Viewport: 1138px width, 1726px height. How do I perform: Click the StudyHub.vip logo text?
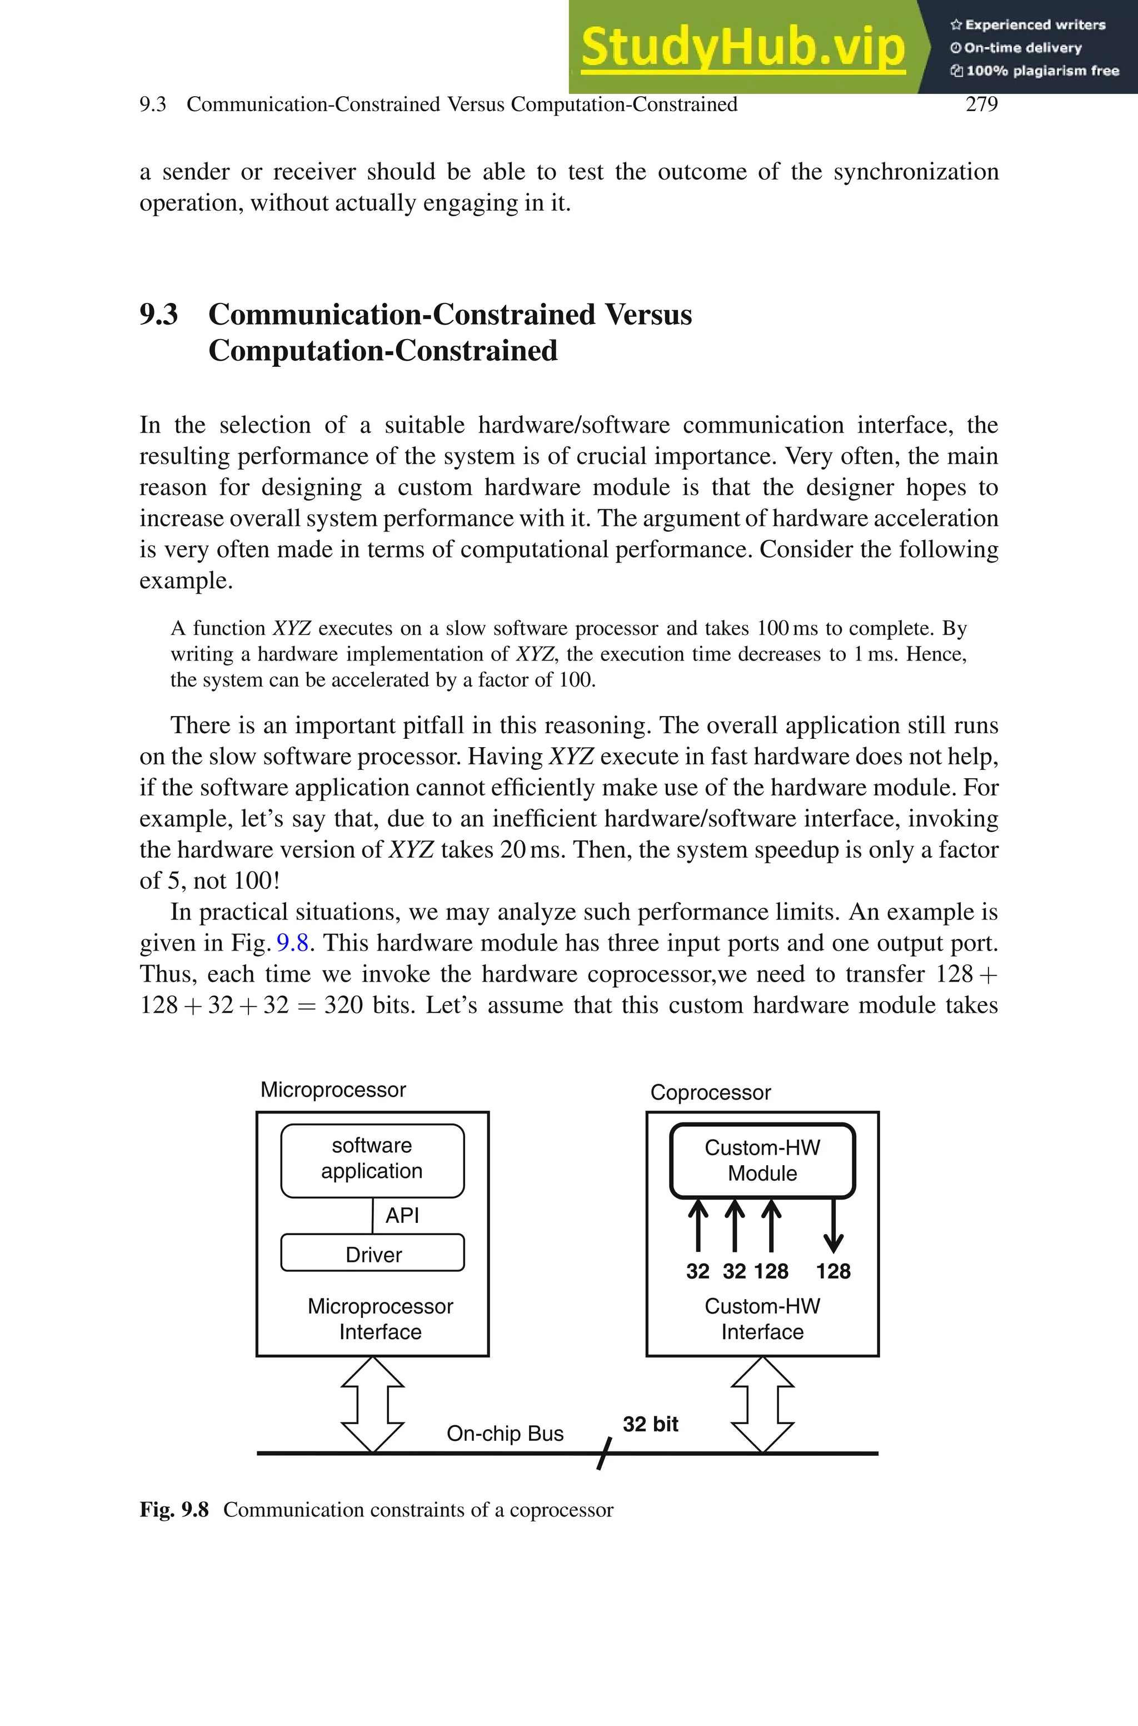742,47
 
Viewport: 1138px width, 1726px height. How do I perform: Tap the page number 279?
981,104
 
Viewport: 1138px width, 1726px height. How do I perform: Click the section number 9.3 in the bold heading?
158,314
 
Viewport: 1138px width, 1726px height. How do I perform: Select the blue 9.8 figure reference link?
292,943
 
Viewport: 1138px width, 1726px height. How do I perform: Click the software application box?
372,1159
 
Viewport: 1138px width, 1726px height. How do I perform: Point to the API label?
402,1215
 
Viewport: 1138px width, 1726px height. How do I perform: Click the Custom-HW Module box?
762,1160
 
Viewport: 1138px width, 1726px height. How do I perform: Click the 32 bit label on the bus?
650,1424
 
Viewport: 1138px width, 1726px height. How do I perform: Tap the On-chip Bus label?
505,1434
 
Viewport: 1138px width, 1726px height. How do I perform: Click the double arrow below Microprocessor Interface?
372,1405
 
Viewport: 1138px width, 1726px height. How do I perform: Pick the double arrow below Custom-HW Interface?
762,1405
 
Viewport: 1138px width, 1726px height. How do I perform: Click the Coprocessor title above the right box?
710,1092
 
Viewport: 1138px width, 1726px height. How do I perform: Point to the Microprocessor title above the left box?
333,1090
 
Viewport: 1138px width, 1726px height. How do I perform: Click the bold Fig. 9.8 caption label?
174,1510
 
